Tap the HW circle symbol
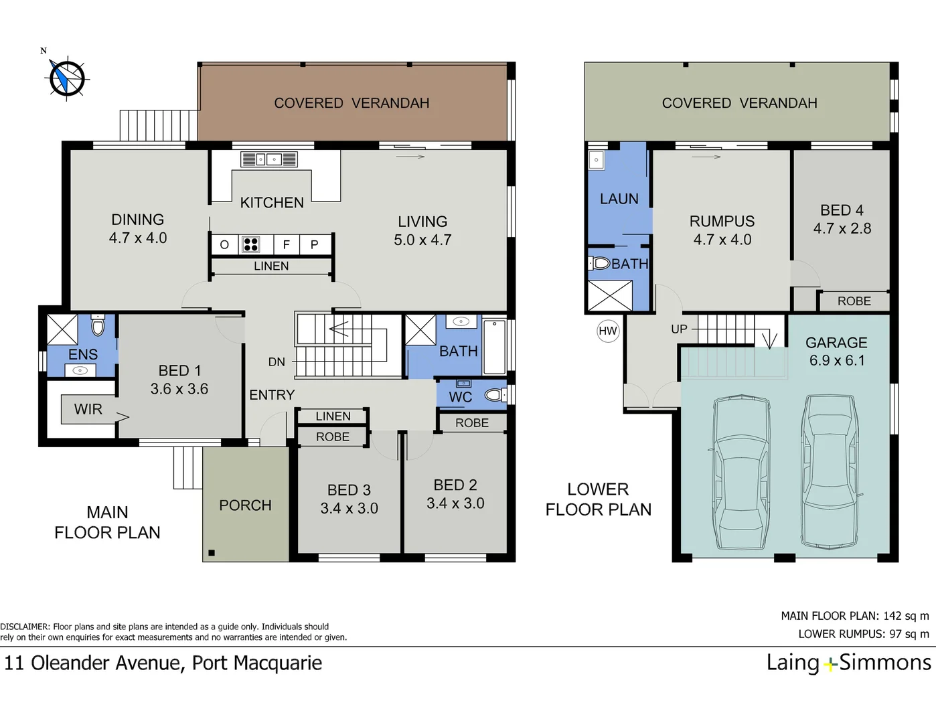coord(607,331)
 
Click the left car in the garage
coord(740,472)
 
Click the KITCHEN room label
coord(272,202)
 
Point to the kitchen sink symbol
coord(269,159)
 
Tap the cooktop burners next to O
coord(250,244)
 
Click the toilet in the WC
coord(495,395)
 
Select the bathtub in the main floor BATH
coord(494,347)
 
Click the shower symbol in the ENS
coord(62,329)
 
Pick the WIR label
coord(88,409)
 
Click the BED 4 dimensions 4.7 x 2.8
coord(842,228)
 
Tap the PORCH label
coord(245,505)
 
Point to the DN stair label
coord(277,362)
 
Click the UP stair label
coord(679,329)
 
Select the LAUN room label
coord(619,199)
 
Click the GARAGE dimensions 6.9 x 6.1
coord(836,360)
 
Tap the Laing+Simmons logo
coord(848,663)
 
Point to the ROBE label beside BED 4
coord(854,301)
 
